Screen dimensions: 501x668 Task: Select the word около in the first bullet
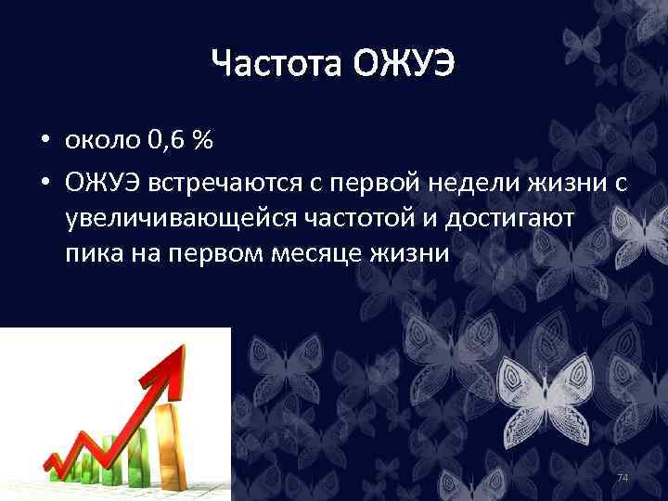[x=103, y=141]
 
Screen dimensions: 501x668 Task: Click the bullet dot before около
[x=45, y=142]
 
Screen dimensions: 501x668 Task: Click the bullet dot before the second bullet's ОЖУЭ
[x=45, y=186]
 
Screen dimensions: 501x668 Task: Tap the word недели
[x=471, y=185]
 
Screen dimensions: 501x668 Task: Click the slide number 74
[x=623, y=477]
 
